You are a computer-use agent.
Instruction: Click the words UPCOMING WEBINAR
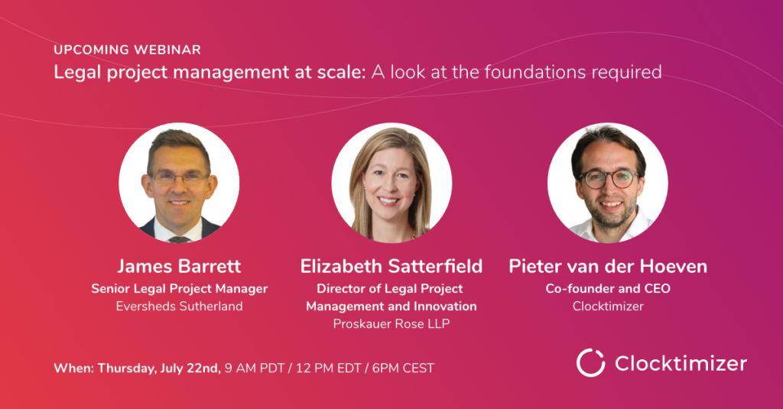128,50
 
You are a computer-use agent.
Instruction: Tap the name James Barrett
179,266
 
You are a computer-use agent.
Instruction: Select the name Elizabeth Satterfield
391,266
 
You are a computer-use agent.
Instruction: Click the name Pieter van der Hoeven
608,266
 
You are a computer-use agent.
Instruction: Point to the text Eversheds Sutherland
179,306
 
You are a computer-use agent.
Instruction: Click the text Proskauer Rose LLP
391,323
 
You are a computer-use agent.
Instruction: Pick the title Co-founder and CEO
608,289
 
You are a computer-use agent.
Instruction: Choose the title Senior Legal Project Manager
179,289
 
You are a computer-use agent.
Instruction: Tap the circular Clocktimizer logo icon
591,362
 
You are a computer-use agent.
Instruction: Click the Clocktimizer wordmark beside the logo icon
681,363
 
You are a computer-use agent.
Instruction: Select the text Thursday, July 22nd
159,368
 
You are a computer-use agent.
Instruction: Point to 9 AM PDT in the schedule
255,368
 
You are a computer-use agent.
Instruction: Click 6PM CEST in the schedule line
403,368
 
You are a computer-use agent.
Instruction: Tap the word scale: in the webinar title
342,73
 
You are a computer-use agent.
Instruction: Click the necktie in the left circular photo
179,239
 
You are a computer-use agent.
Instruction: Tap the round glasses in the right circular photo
609,179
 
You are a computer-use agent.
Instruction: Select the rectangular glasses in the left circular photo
179,177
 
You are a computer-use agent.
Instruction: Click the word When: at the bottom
74,368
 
